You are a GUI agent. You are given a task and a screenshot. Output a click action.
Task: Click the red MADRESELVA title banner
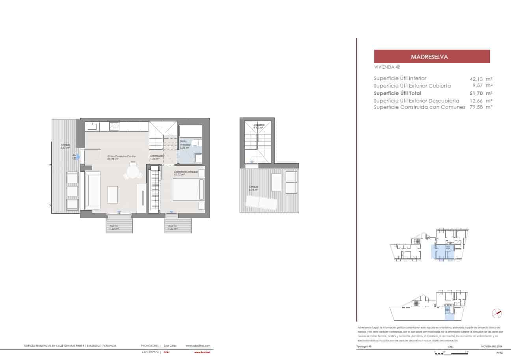coord(432,56)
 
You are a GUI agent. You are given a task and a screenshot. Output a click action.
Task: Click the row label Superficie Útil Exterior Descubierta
coord(416,101)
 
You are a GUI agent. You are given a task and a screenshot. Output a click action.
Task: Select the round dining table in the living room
coord(132,172)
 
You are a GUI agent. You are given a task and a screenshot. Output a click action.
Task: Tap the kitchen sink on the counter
coord(92,126)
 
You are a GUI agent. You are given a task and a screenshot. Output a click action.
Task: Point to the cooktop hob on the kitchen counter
coord(114,126)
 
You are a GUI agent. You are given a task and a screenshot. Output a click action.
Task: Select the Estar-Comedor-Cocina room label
coord(122,157)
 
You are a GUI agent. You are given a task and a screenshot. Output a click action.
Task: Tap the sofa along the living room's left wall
coord(92,190)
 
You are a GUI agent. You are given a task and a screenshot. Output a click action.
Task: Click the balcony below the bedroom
coord(177,226)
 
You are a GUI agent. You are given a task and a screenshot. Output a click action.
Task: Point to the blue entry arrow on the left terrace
coord(78,157)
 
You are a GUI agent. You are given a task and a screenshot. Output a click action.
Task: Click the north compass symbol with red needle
coord(496,313)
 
